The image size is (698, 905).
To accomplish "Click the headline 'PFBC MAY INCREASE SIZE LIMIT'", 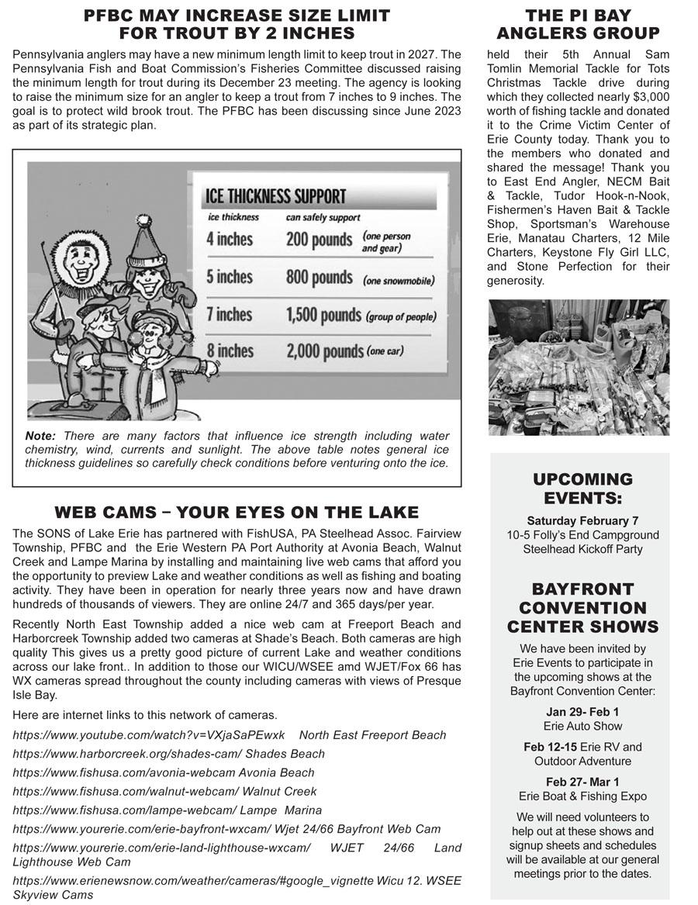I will pyautogui.click(x=237, y=16).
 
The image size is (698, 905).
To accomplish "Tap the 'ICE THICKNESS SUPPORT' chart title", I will pyautogui.click(x=275, y=196).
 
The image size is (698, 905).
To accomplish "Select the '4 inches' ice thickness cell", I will pyautogui.click(x=230, y=238).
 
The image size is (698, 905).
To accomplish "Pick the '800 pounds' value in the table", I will pyautogui.click(x=319, y=278).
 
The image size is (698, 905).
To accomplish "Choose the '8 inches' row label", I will pyautogui.click(x=230, y=351).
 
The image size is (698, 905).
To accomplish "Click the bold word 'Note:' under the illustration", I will pyautogui.click(x=40, y=436).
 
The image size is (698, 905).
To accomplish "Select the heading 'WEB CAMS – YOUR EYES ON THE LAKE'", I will pyautogui.click(x=237, y=513).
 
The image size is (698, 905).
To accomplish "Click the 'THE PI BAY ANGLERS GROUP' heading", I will pyautogui.click(x=578, y=24).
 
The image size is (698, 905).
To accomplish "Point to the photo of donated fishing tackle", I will pyautogui.click(x=579, y=367).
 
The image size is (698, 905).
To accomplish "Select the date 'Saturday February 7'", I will pyautogui.click(x=582, y=520).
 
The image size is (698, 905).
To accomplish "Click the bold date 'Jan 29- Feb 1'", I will pyautogui.click(x=582, y=711).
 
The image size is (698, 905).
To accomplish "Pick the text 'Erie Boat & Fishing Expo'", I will pyautogui.click(x=582, y=796).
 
